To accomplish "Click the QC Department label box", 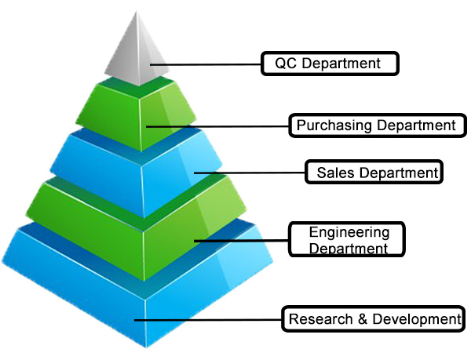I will pyautogui.click(x=330, y=63).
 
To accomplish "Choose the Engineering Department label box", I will pyautogui.click(x=348, y=240).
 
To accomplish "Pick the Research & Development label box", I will pyautogui.click(x=372, y=319).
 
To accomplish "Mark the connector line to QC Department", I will pyautogui.click(x=206, y=64).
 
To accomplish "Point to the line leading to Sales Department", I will pyautogui.click(x=249, y=172).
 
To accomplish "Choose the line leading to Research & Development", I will pyautogui.click(x=208, y=320).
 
